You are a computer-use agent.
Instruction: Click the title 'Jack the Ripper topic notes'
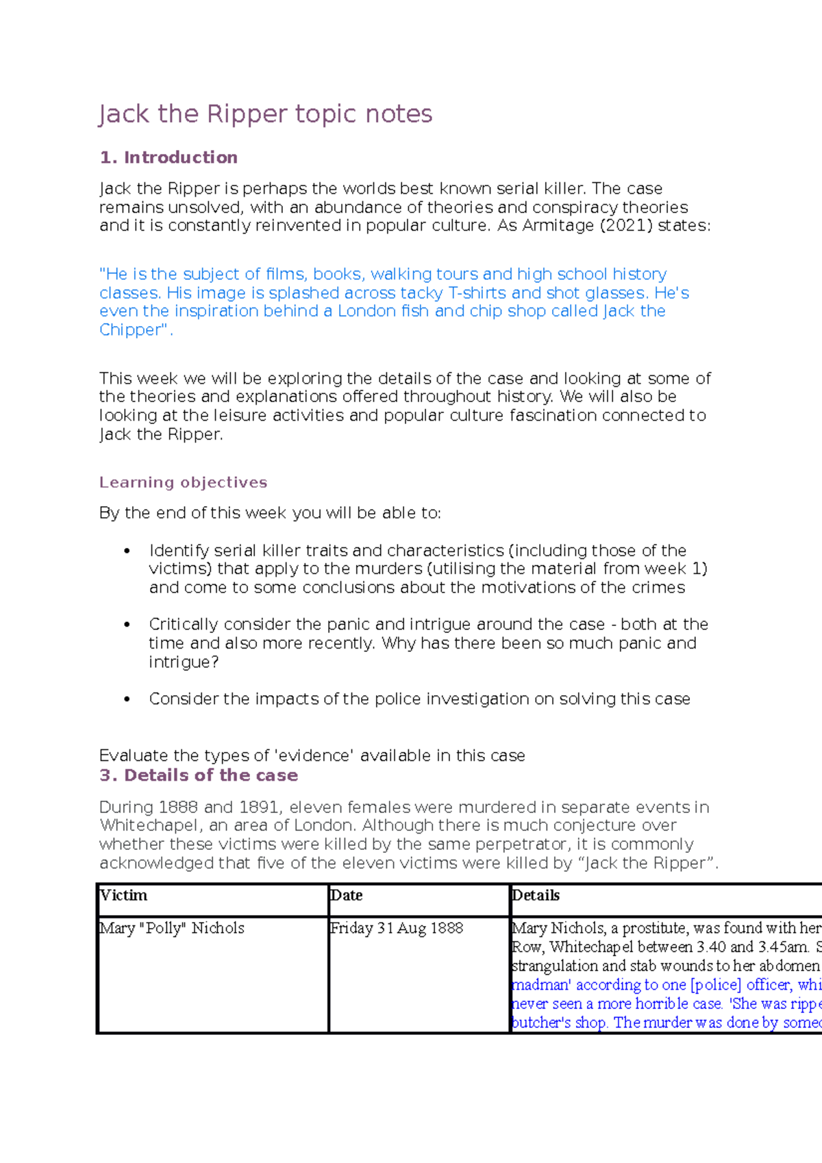[x=265, y=114]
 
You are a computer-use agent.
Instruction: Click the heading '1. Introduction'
[x=169, y=158]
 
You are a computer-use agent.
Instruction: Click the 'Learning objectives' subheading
[x=183, y=482]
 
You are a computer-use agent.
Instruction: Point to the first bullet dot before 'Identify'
[x=127, y=551]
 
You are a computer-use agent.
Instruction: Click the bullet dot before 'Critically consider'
[x=127, y=625]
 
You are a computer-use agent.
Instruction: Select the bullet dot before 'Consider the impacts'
[x=127, y=699]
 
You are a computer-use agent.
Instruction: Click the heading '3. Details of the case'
[x=199, y=775]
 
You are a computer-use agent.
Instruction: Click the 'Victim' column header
[x=124, y=895]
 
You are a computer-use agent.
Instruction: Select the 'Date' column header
[x=347, y=895]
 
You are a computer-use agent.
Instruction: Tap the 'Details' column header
[x=536, y=895]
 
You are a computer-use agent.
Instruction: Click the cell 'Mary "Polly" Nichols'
[x=173, y=928]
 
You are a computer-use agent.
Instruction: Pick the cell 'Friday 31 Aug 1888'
[x=397, y=928]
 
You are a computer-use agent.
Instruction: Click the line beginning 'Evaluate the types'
[x=312, y=755]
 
